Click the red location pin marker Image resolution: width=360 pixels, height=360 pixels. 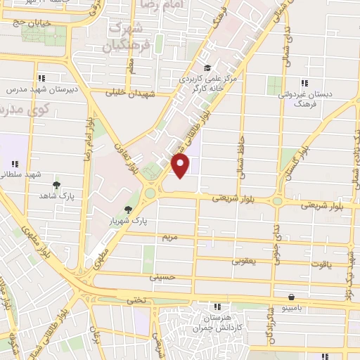(181, 165)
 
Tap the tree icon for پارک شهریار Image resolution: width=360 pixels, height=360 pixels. (127, 210)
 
